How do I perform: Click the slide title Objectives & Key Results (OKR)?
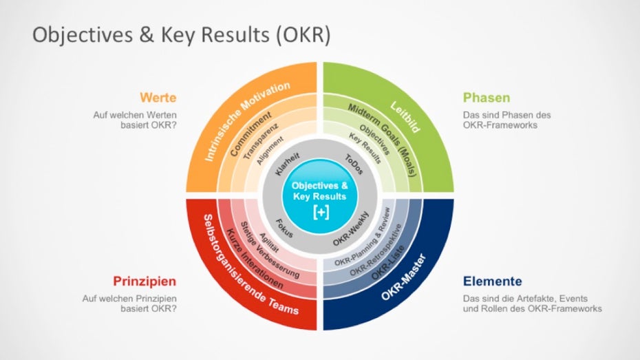coord(181,34)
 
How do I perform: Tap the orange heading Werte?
coord(158,98)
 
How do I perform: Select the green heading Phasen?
coord(487,98)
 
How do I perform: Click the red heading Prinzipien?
coord(145,282)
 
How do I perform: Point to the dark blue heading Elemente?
coord(492,282)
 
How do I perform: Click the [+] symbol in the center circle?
coord(321,212)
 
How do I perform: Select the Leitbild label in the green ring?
coord(405,117)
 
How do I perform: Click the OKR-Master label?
coord(404,277)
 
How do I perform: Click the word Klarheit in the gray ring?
coord(288,164)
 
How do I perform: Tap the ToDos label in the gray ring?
coord(354,164)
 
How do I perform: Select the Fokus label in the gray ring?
coord(284,229)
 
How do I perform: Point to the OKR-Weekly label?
coord(350,229)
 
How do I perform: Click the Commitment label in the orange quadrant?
coord(250,134)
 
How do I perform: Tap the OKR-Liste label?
coord(387,262)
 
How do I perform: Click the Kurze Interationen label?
coord(255,259)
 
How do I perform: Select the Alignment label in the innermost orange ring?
coord(269,151)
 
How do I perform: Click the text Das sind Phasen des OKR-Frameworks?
coord(506,120)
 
